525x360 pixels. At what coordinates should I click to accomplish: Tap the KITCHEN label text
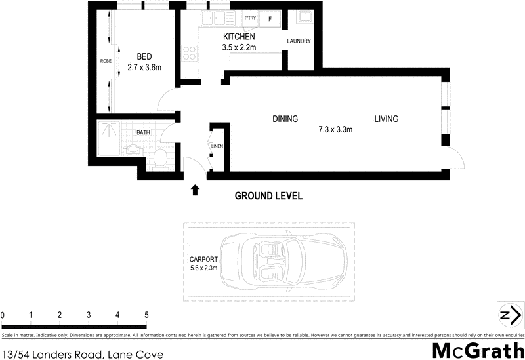pyautogui.click(x=239, y=37)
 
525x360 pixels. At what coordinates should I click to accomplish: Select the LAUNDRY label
pyautogui.click(x=299, y=42)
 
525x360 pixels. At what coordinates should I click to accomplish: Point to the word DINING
pyautogui.click(x=285, y=119)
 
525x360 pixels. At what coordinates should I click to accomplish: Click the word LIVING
pyautogui.click(x=387, y=119)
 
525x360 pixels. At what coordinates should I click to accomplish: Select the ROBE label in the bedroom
pyautogui.click(x=105, y=61)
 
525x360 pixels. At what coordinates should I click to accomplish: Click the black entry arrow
pyautogui.click(x=195, y=190)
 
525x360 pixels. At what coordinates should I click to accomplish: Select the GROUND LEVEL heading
pyautogui.click(x=268, y=196)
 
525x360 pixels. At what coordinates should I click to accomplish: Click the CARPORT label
pyautogui.click(x=202, y=258)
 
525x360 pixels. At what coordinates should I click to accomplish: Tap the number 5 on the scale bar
pyautogui.click(x=146, y=316)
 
